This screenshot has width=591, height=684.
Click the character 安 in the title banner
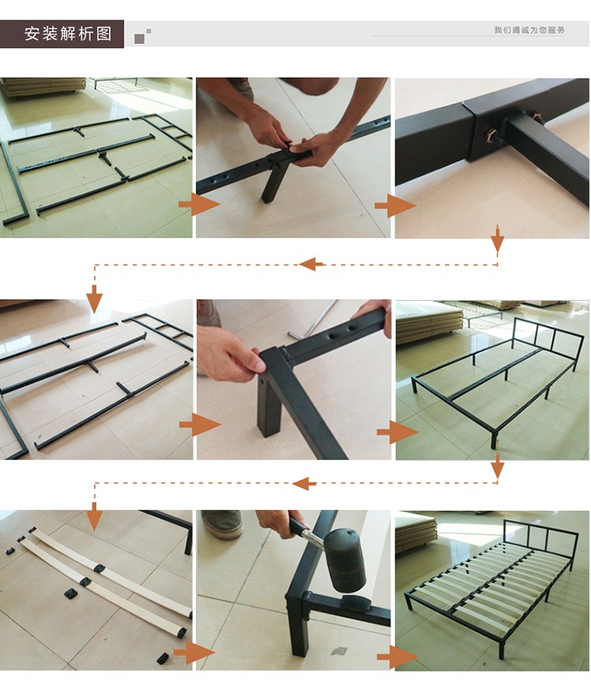32,34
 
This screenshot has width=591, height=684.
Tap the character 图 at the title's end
104,34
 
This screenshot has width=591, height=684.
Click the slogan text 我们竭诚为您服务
530,30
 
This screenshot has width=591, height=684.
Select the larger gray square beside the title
139,39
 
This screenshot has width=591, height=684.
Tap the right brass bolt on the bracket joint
536,117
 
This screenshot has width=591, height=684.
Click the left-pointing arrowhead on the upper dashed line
311,264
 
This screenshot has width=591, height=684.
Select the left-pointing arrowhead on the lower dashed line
304,483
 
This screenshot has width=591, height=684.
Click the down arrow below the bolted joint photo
497,238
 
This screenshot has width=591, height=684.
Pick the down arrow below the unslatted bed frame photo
497,466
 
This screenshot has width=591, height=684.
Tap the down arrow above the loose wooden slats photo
94,517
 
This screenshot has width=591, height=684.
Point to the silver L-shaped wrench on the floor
311,320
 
